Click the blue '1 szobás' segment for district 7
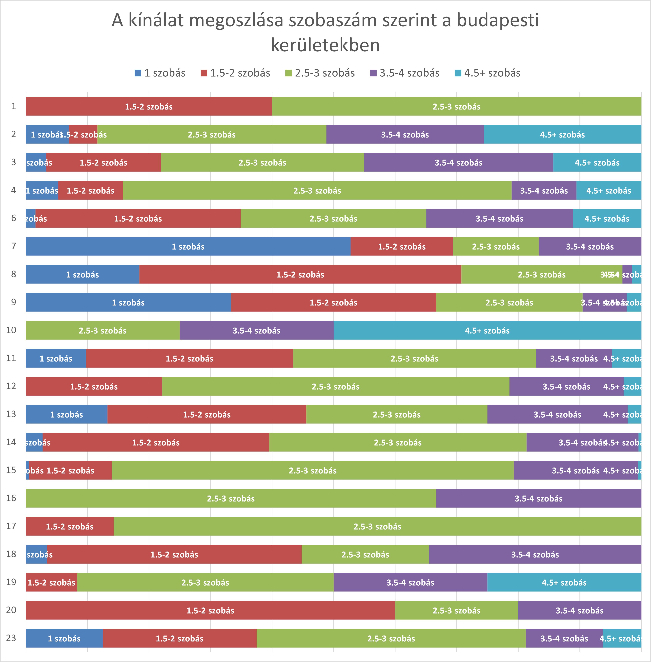point(188,246)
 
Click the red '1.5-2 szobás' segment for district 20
point(210,610)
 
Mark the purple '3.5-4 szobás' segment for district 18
point(535,554)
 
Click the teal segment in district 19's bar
point(564,582)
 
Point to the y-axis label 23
point(11,638)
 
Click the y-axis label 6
point(14,218)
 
